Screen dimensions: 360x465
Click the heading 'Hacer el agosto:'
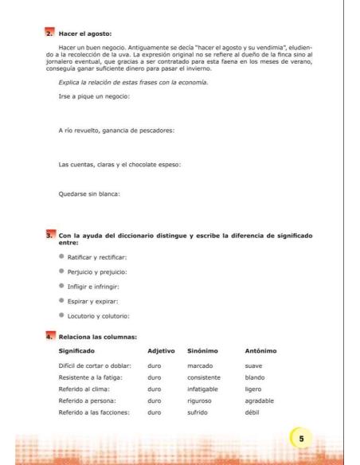click(85, 34)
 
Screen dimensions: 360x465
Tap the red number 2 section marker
click(49, 34)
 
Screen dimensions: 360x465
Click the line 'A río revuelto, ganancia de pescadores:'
click(116, 130)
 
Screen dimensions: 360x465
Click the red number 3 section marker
click(49, 236)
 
